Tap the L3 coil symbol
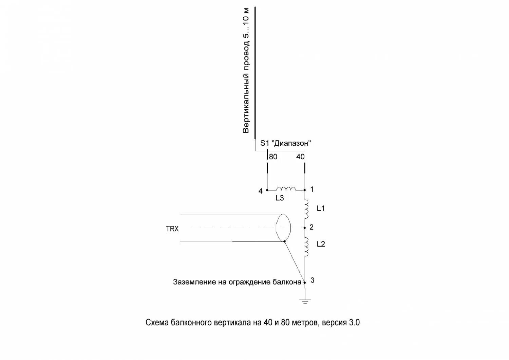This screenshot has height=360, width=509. coord(286,189)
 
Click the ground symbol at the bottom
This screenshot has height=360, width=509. coord(305,301)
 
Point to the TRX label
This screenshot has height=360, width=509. coord(172,229)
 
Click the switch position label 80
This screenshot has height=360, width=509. coord(273,157)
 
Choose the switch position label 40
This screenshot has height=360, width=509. coord(300,157)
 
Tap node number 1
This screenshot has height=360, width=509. coord(312,189)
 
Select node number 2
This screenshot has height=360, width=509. coord(312,227)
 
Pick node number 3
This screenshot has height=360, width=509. coord(312,280)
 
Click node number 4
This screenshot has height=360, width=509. coord(260,191)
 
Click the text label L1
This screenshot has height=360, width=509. coord(321,209)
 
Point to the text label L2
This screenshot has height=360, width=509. coord(321,244)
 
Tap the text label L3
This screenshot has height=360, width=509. coord(280,198)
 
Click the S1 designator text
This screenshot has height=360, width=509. coord(264,143)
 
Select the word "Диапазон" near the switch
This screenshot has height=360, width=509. coord(292,143)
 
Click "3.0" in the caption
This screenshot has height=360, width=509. coord(354,323)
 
